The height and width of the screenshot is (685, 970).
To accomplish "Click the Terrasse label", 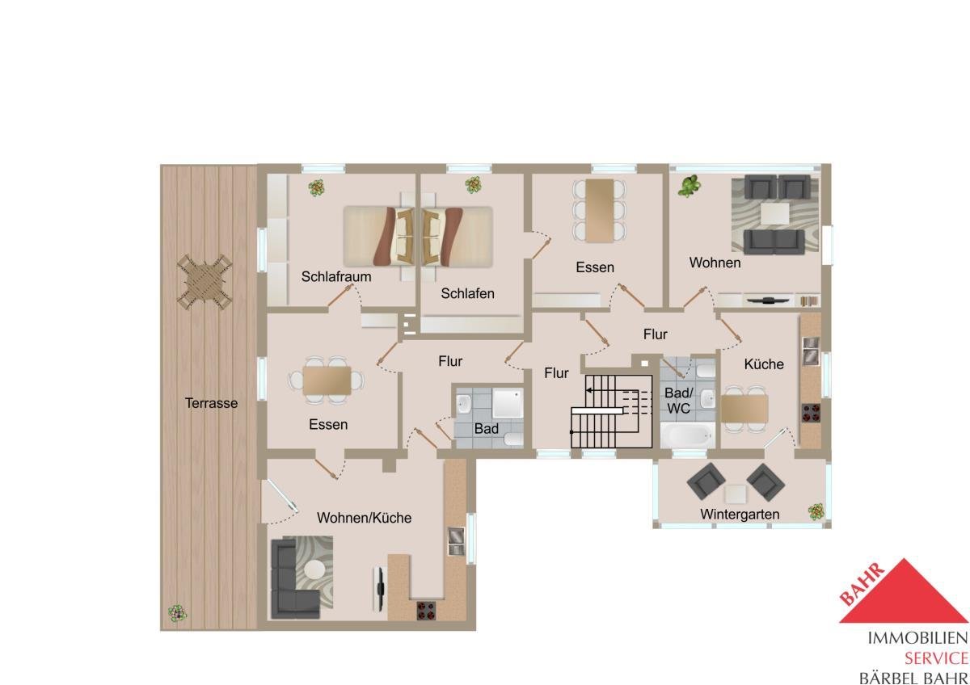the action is pos(211,403).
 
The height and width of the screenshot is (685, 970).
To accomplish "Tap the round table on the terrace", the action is pos(205,282).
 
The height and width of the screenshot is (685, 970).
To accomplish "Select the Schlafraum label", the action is pos(336,276).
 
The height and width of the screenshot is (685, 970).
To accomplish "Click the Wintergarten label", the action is pos(740,515).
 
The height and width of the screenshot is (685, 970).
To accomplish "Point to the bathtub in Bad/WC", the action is pos(688,435).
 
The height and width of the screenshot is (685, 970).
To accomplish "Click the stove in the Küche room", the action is pos(811,413).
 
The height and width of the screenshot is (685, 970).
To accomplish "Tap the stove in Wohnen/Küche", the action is pos(426,611).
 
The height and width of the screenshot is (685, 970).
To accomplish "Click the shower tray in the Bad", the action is pos(508,403).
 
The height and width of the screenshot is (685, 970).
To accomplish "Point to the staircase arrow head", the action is pos(589,390).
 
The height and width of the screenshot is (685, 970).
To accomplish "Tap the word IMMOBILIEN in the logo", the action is pos(917,638).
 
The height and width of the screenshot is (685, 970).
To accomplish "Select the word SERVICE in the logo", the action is pos(936,658).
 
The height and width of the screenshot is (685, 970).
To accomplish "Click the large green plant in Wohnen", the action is pos(690,186).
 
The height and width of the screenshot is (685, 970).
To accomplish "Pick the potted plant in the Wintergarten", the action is pos(816,512).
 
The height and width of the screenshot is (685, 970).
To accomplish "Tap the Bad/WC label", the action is pos(678,401).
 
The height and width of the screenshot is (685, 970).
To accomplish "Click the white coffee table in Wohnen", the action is pos(774,214).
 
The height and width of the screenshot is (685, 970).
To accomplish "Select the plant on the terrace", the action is pos(177,613).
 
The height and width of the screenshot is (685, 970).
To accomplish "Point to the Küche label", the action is pos(764,364).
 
